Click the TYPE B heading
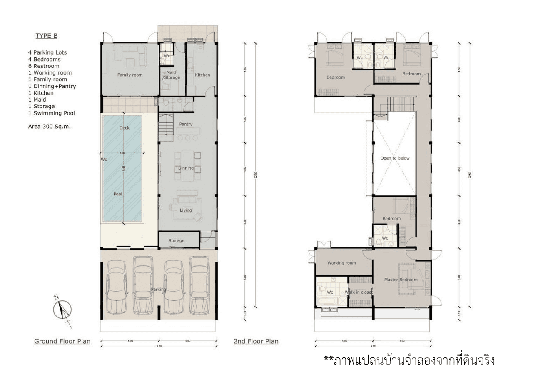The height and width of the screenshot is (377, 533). (46, 36)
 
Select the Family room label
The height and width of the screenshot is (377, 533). (130, 75)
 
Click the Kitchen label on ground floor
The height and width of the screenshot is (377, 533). (202, 75)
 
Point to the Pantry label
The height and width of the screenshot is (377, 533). (186, 124)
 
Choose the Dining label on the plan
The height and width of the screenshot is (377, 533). (186, 168)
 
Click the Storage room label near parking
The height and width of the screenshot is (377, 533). (176, 241)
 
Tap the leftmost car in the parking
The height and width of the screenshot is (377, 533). (116, 287)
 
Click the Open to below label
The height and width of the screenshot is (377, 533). (395, 158)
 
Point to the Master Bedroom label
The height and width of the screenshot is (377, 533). (401, 280)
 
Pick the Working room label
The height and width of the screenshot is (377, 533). (341, 263)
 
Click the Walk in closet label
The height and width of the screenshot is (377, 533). (358, 292)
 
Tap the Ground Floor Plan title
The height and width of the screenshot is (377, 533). (62, 341)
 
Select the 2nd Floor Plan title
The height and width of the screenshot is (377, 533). (256, 341)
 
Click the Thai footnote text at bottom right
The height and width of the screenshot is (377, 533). (409, 360)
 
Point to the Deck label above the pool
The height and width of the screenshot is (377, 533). (124, 128)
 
